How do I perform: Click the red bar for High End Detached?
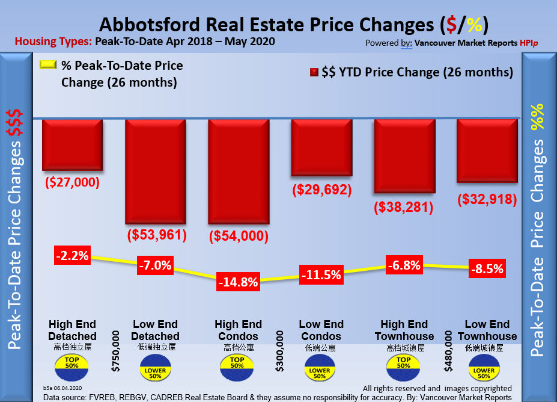[x=72, y=145]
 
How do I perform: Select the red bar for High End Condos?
[x=238, y=172]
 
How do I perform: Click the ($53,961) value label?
[x=155, y=234]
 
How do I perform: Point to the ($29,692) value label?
[x=321, y=190]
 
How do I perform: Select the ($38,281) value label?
[x=404, y=208]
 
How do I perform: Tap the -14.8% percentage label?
[x=238, y=281]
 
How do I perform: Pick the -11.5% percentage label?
[x=321, y=275]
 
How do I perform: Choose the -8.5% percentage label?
[x=487, y=268]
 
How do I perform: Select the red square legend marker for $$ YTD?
[x=314, y=73]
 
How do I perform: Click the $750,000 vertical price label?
[x=115, y=347]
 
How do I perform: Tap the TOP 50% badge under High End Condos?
[x=237, y=365]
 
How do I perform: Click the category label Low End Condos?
[x=321, y=330]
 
